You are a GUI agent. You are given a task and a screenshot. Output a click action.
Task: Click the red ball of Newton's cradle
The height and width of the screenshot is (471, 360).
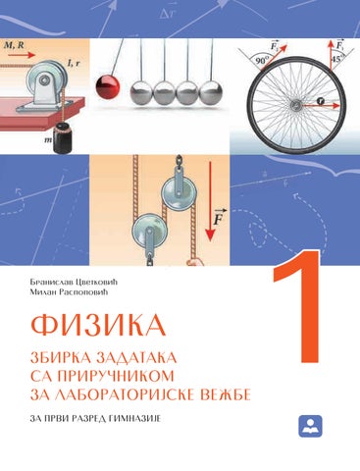coord(108,87)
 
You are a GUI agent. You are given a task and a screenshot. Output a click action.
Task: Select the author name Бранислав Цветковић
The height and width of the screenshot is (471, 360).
coord(74,282)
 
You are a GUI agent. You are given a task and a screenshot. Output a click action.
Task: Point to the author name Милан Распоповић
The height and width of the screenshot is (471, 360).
coord(69,292)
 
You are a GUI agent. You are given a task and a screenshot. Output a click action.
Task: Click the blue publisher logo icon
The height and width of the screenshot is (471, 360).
coord(310,426)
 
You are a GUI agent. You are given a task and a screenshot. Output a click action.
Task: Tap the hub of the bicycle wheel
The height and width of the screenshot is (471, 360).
coord(297,105)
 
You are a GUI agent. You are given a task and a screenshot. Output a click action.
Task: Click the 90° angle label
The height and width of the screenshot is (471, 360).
coord(262,61)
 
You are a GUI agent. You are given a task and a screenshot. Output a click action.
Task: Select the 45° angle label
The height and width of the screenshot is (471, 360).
coord(338,59)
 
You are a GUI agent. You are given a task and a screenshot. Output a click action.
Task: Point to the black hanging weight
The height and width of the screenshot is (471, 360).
coord(63,138)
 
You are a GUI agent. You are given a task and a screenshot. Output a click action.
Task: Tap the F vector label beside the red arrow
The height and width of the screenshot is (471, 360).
coord(219,217)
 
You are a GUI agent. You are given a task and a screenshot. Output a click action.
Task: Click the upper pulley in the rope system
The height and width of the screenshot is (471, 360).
coord(180,193)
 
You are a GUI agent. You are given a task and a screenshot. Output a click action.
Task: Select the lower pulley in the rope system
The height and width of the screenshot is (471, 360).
coord(150,227)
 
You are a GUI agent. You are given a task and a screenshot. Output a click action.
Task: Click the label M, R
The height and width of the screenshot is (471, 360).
coord(14,45)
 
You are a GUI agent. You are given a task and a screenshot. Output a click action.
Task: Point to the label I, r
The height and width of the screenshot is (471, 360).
coord(73,63)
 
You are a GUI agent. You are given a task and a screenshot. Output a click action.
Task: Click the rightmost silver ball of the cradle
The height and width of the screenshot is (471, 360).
coord(211,93)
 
